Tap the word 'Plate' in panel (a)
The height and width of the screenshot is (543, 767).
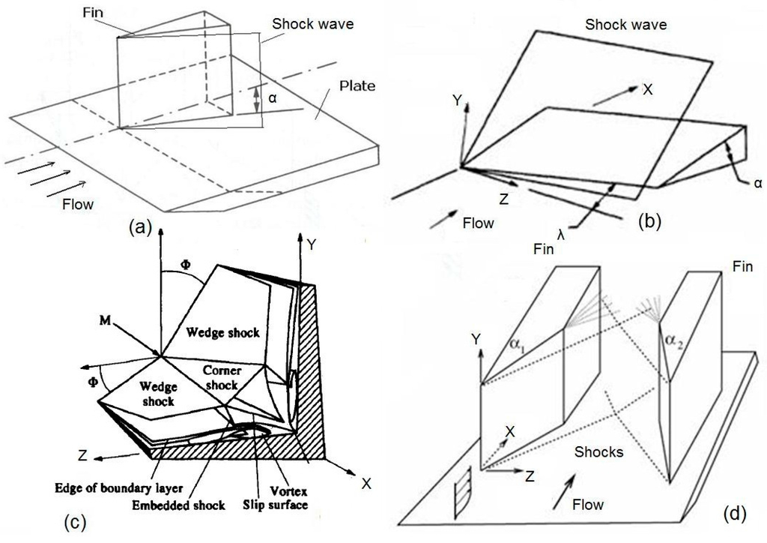click(x=357, y=86)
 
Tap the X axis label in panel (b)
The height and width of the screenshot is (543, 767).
click(x=647, y=88)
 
